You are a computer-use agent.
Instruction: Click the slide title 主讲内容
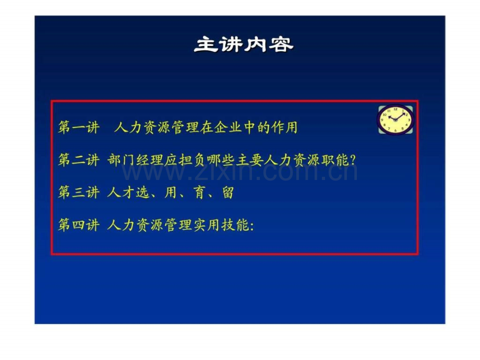(x=244, y=45)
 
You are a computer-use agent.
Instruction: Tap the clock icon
(x=395, y=119)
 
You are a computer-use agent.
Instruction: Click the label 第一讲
(x=79, y=127)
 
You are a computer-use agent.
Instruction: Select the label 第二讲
(x=79, y=160)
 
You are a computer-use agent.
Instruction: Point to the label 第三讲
(x=79, y=193)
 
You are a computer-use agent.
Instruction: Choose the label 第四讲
(x=79, y=225)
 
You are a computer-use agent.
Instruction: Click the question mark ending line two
(x=353, y=160)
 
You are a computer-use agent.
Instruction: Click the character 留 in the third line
(x=228, y=193)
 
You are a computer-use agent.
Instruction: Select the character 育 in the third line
(x=199, y=193)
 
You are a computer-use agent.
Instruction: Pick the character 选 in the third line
(x=142, y=193)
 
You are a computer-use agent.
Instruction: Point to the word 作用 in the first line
(x=284, y=127)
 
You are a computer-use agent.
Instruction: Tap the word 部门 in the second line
(x=121, y=160)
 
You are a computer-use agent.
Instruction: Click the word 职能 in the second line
(x=335, y=160)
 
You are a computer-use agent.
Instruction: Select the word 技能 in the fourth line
(x=235, y=225)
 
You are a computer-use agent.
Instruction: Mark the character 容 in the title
(x=281, y=45)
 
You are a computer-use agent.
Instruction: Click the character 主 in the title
(x=206, y=45)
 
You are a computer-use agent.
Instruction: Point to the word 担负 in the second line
(x=191, y=160)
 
